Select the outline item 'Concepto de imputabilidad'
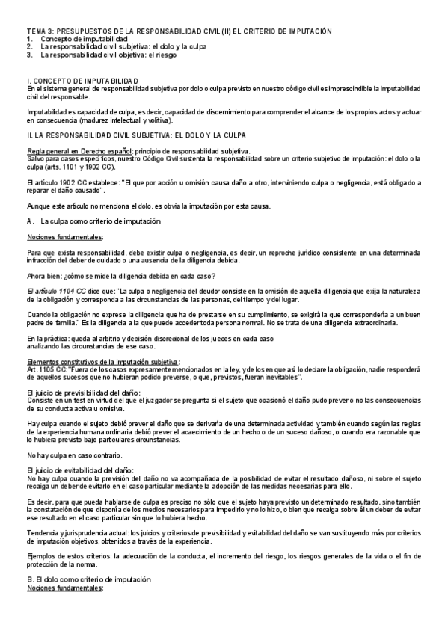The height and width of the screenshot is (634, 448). (85, 38)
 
